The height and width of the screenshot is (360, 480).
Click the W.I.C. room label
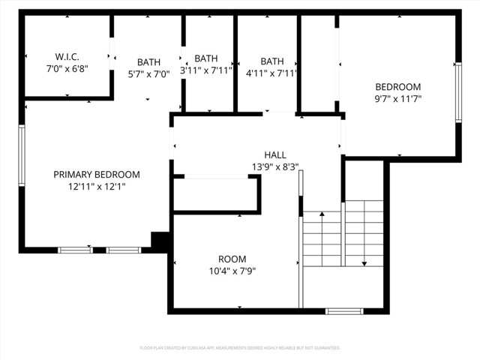67,56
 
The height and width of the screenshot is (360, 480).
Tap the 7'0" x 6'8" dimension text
67,68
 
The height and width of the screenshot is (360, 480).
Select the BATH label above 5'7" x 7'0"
148,62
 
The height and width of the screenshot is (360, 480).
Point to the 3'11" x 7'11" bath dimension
206,70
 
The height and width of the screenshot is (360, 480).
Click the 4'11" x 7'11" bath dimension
271,73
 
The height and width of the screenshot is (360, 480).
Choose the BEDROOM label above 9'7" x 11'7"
398,86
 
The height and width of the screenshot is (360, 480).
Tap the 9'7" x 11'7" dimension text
398,98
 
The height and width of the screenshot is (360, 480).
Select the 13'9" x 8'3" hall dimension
275,166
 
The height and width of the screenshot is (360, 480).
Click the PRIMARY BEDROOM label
96,175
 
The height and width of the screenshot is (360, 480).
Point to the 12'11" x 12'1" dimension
96,187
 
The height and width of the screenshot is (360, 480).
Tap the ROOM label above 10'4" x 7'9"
232,259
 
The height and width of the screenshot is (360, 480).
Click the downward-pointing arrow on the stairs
364,262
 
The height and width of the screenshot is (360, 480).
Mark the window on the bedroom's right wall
457,92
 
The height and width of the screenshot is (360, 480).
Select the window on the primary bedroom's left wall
22,156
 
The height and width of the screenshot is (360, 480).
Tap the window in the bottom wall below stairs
344,310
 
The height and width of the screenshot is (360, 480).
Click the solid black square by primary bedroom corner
160,241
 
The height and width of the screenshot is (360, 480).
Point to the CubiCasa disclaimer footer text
240,348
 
